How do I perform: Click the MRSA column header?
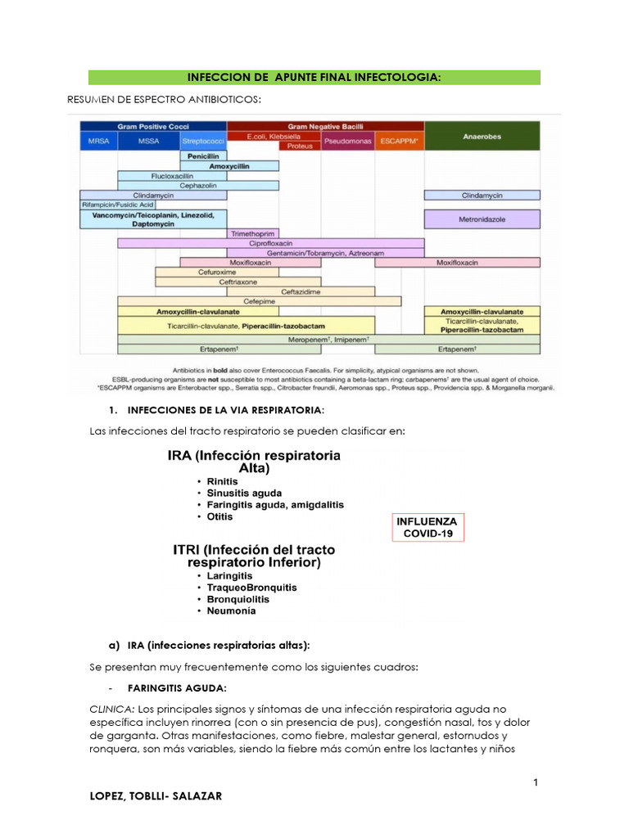click(97, 141)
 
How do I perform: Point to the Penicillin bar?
click(203, 155)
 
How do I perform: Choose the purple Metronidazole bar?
click(482, 219)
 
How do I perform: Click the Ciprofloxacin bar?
click(271, 243)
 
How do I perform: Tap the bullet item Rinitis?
click(223, 482)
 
